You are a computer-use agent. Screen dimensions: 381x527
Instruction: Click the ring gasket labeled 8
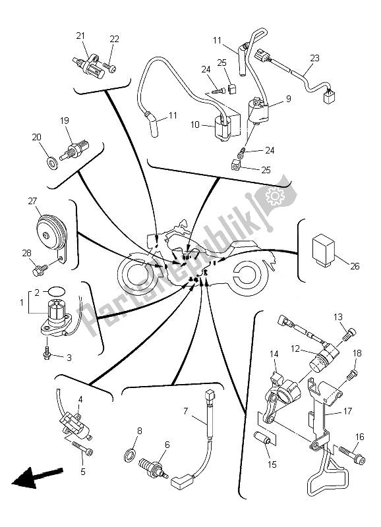pyautogui.click(x=131, y=455)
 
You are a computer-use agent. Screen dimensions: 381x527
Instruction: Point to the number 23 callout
pyautogui.click(x=314, y=59)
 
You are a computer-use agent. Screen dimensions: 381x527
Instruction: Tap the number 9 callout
pyautogui.click(x=289, y=99)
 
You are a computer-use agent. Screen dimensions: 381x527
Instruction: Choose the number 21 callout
pyautogui.click(x=80, y=36)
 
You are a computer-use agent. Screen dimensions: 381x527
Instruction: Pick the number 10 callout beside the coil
pyautogui.click(x=195, y=125)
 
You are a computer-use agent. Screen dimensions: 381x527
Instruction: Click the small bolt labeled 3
pyautogui.click(x=47, y=354)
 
